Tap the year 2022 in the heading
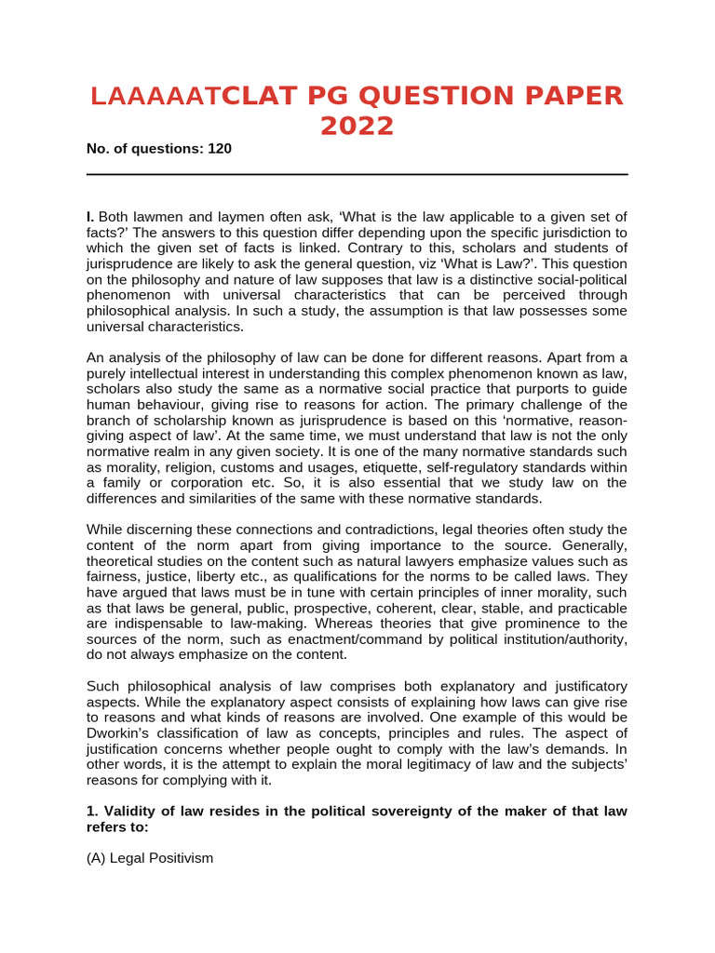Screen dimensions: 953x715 click(357, 126)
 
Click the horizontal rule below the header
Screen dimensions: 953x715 click(357, 174)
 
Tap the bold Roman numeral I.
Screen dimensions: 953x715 click(90, 217)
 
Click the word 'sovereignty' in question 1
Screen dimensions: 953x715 click(397, 812)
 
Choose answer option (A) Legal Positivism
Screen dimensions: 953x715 click(150, 858)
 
